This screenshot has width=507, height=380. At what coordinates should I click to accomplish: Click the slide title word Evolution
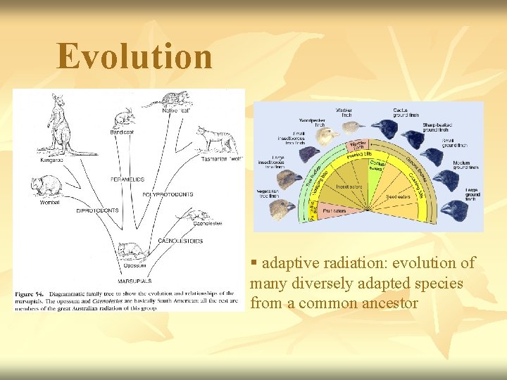click(x=134, y=56)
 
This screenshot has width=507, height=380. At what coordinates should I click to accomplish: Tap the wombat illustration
click(x=46, y=187)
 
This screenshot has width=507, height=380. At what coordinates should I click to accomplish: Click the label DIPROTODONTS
click(x=97, y=210)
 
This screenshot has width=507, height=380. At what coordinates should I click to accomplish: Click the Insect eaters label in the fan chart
click(x=348, y=187)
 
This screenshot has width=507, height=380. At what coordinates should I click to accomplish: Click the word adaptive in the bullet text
click(x=287, y=263)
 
